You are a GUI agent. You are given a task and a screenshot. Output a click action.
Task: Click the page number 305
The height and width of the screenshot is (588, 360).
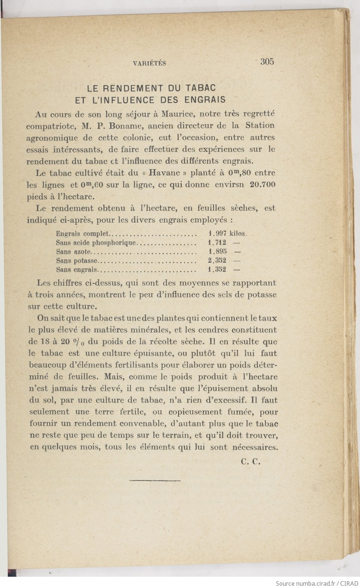[267, 62]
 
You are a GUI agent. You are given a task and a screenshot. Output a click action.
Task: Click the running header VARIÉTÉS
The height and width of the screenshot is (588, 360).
[149, 63]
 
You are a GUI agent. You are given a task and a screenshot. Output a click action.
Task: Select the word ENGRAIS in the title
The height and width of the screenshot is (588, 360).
[205, 100]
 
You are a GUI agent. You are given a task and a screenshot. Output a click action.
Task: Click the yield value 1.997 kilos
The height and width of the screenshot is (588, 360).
[227, 234]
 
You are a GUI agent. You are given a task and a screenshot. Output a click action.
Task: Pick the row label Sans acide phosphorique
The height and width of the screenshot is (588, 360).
[96, 243]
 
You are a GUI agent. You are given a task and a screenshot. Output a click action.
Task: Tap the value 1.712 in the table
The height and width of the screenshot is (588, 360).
[217, 243]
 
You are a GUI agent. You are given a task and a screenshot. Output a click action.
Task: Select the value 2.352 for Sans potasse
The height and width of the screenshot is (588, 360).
[217, 261]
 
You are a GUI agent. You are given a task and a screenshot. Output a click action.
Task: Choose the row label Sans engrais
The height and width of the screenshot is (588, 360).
[77, 270]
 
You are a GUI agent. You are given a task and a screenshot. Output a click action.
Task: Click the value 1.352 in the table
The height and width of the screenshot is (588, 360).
[217, 270]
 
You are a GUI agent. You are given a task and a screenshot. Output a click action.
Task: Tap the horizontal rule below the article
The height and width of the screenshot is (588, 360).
[155, 480]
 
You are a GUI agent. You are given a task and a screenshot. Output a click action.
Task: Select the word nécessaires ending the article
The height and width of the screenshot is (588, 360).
[255, 447]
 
